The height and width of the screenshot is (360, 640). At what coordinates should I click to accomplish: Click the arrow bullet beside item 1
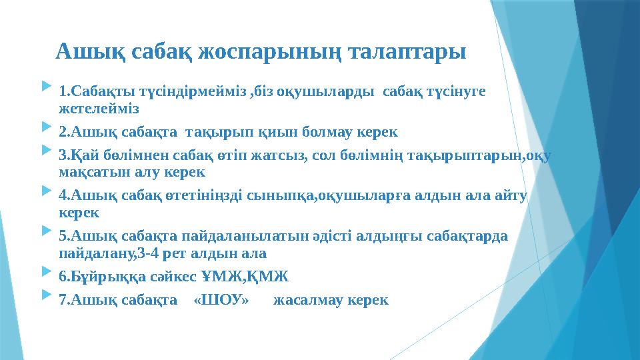tap(45, 87)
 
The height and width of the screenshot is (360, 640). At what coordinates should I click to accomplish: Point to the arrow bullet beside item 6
tap(45, 273)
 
